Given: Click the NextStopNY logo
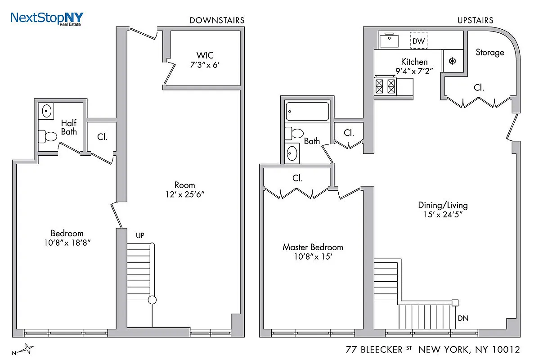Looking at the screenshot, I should (47, 18).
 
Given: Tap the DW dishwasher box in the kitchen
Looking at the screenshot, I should (418, 41).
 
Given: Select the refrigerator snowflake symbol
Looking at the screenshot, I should (452, 61).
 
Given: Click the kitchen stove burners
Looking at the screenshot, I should (386, 85).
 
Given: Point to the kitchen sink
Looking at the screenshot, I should (390, 41).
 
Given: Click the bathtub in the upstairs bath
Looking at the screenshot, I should (308, 112).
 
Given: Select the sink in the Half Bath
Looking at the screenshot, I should (46, 110).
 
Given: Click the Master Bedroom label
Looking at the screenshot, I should (312, 247).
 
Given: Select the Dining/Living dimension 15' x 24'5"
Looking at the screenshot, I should (443, 215).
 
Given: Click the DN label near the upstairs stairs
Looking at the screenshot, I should (463, 318).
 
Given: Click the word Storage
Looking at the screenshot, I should (489, 52).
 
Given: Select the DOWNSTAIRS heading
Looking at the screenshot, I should (217, 20).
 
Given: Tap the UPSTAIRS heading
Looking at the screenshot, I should (475, 20).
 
